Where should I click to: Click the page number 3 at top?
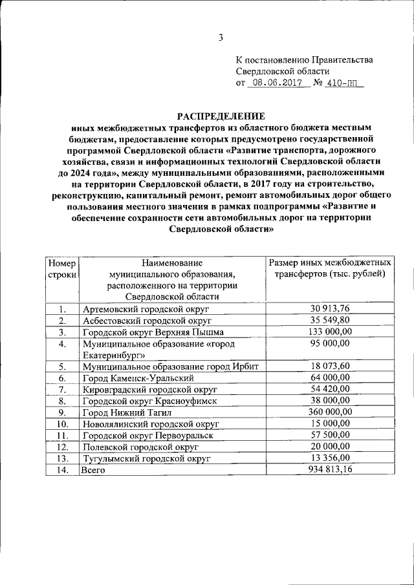tap(220, 37)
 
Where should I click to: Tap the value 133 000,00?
tap(330, 332)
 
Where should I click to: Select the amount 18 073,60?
tap(330, 366)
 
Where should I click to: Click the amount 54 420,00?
tap(330, 389)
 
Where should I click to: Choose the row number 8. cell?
tap(62, 401)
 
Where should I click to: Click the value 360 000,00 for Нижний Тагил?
tap(330, 412)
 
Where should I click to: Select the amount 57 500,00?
tap(330, 436)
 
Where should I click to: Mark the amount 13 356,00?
tap(330, 459)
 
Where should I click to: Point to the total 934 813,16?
tap(330, 471)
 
